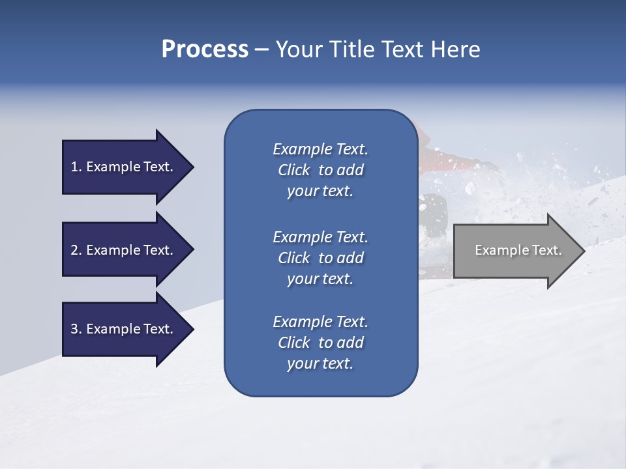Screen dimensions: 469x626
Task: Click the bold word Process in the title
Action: [x=205, y=50]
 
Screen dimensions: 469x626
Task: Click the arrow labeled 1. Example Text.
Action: [x=124, y=167]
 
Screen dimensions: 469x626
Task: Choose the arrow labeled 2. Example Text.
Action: [x=124, y=250]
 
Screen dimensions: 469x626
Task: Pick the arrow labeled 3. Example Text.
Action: [x=124, y=329]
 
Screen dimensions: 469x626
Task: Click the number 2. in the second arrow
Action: [x=76, y=250]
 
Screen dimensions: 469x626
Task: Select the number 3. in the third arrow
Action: [x=76, y=329]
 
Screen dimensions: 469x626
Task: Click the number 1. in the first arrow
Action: [x=76, y=167]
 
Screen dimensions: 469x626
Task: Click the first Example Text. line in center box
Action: [x=320, y=149]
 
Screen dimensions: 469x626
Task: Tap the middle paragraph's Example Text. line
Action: [x=320, y=237]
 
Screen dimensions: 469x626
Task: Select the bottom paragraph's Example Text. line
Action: [x=320, y=322]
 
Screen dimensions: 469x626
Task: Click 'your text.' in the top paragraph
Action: [x=320, y=192]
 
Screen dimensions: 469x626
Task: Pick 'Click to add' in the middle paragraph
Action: [x=320, y=258]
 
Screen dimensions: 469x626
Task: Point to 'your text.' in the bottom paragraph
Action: [x=320, y=364]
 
